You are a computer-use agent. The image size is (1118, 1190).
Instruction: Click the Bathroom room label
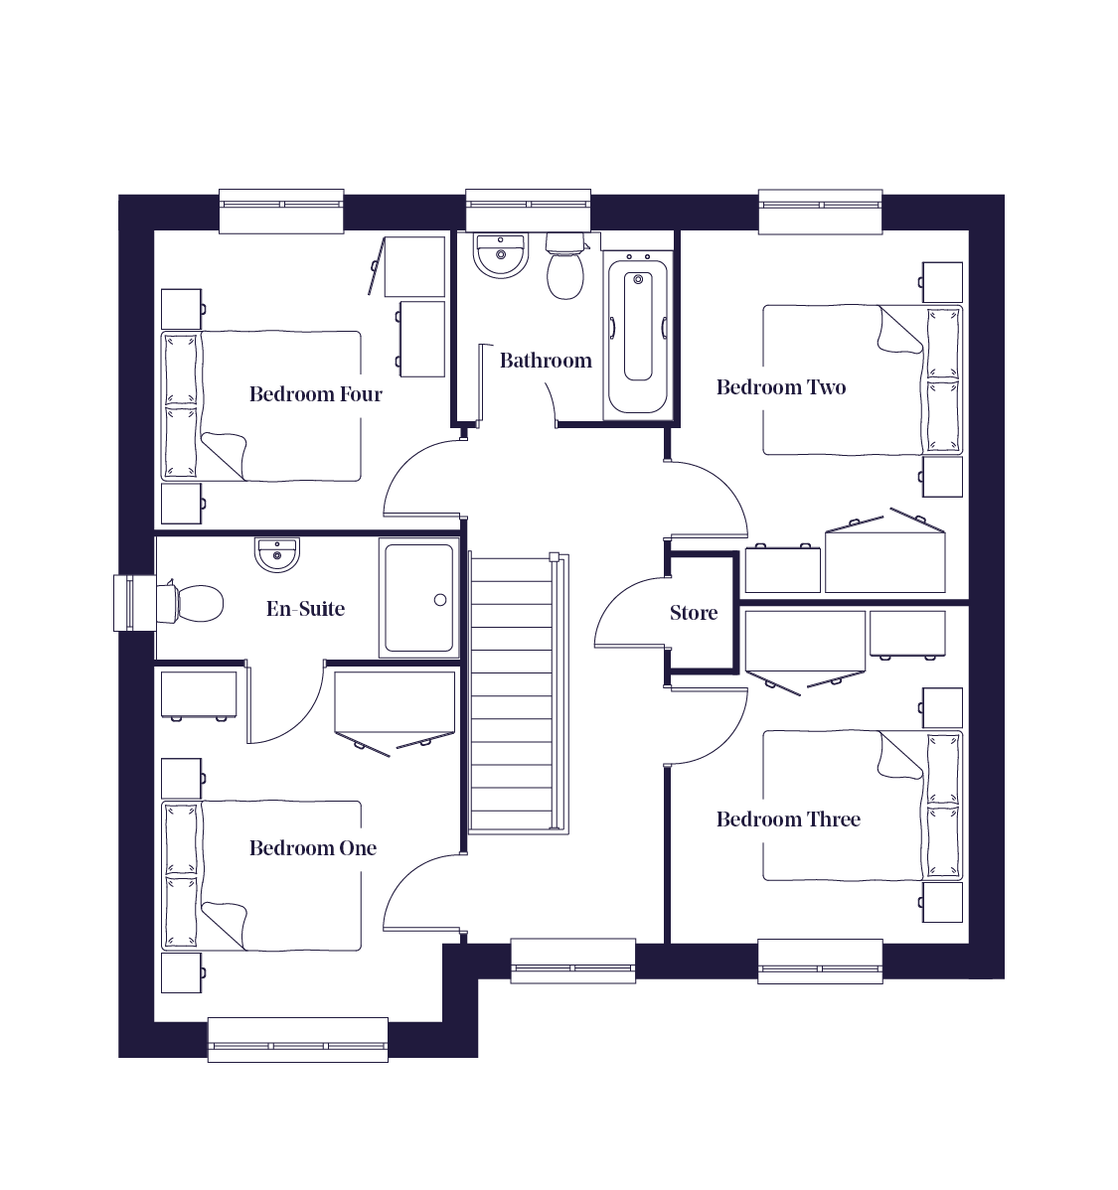pyautogui.click(x=546, y=360)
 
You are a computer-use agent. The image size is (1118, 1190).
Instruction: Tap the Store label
pyautogui.click(x=694, y=613)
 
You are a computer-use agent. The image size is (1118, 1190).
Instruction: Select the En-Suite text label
pyautogui.click(x=305, y=609)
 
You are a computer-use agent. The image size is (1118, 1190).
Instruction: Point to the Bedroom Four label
pyautogui.click(x=315, y=394)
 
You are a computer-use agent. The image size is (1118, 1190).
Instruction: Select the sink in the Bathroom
pyautogui.click(x=501, y=255)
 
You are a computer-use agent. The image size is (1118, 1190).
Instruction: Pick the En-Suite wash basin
pyautogui.click(x=277, y=554)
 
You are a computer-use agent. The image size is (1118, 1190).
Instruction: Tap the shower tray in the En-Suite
pyautogui.click(x=419, y=598)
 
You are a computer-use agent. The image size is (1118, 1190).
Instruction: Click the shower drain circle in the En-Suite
pyautogui.click(x=440, y=600)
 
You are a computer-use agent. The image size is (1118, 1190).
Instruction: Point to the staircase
pyautogui.click(x=518, y=693)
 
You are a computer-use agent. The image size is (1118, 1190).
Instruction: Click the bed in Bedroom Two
pyautogui.click(x=862, y=380)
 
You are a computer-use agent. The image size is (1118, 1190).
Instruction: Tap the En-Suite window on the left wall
pyautogui.click(x=124, y=603)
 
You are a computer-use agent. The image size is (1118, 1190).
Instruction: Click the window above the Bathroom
pyautogui.click(x=528, y=210)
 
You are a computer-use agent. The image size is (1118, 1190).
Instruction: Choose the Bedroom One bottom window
pyautogui.click(x=298, y=1040)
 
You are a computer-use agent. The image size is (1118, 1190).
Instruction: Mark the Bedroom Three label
pyautogui.click(x=788, y=818)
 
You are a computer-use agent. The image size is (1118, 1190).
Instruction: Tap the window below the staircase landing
pyautogui.click(x=572, y=961)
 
